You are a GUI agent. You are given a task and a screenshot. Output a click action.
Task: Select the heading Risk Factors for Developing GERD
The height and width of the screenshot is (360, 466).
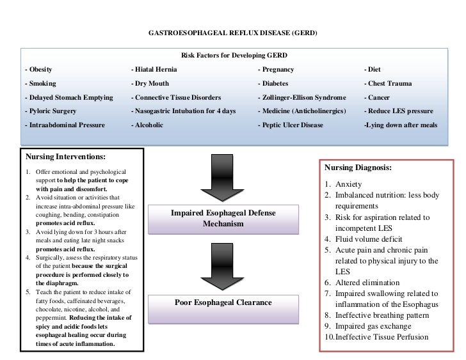pyautogui.click(x=233, y=56)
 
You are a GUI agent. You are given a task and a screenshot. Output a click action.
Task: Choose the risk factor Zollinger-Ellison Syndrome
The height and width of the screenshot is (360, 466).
pyautogui.click(x=302, y=97)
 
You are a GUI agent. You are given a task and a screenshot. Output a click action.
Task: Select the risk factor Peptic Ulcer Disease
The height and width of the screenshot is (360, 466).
pyautogui.click(x=291, y=125)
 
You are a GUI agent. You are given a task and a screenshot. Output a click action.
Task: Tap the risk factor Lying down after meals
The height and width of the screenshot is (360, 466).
pyautogui.click(x=400, y=125)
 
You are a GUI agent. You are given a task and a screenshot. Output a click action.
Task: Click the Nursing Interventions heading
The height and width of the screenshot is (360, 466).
pyautogui.click(x=65, y=156)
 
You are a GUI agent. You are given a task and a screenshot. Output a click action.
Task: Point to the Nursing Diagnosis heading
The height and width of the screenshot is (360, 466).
pyautogui.click(x=358, y=168)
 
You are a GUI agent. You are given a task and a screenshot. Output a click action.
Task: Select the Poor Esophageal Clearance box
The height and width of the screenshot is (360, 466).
pyautogui.click(x=223, y=302)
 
